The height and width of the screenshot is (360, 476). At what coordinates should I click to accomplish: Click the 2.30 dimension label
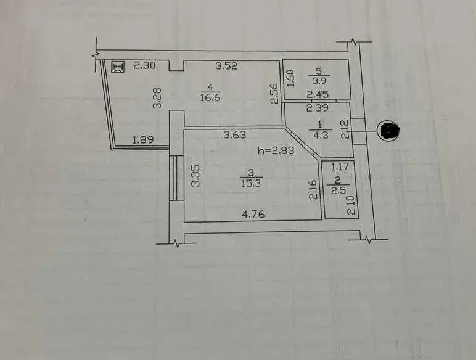[x=144, y=65]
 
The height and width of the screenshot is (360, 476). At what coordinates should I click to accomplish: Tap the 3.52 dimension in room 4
[x=226, y=65]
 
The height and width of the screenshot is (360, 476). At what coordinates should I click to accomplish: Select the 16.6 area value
[x=210, y=98]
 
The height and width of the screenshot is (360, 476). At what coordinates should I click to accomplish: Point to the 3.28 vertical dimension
[x=158, y=98]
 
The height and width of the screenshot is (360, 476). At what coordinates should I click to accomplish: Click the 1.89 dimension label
[x=143, y=140]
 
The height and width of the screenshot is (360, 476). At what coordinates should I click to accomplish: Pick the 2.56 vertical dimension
[x=274, y=94]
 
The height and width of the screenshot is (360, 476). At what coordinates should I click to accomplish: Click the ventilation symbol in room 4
[x=118, y=67]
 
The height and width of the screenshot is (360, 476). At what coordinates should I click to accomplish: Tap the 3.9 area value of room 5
[x=319, y=82]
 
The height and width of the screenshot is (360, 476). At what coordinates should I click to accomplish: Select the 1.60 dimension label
[x=290, y=78]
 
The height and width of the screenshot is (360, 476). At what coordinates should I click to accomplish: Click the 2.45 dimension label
[x=318, y=95]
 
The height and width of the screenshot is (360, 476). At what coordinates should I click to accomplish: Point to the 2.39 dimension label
[x=318, y=107]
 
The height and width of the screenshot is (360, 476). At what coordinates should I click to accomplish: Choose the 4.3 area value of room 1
[x=321, y=135]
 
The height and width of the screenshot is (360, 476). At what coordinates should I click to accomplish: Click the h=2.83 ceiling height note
[x=276, y=150]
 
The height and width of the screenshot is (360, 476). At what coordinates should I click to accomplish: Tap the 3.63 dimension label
[x=235, y=134]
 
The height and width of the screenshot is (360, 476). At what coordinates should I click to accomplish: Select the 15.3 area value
[x=251, y=183]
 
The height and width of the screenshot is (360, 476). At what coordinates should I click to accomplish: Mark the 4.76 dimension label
[x=253, y=215]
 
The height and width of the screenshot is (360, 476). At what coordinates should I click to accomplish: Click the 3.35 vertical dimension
[x=196, y=175]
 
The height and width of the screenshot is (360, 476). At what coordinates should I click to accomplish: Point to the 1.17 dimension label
[x=340, y=166]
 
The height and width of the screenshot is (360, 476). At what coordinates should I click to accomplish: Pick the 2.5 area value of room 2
[x=337, y=191]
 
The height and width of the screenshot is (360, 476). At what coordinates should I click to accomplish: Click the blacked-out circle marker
[x=388, y=131]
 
